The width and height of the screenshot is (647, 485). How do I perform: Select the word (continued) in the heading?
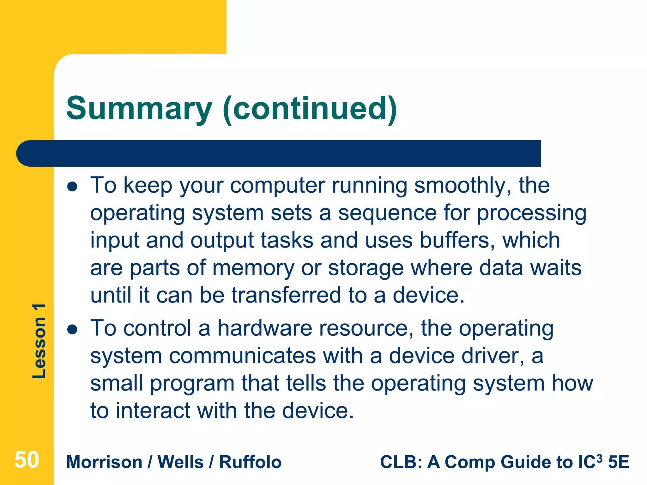(310, 109)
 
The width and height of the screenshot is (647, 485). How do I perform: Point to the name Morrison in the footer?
(104, 462)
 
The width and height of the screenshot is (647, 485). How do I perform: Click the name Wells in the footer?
(180, 462)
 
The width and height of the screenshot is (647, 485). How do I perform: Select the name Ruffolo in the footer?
(250, 462)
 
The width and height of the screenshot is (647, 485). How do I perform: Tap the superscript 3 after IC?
(599, 458)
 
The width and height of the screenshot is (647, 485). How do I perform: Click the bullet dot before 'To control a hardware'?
(72, 329)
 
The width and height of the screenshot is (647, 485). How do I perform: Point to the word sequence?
(387, 213)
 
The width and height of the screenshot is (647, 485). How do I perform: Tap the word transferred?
(286, 296)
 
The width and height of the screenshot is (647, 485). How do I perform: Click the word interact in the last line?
(153, 411)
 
